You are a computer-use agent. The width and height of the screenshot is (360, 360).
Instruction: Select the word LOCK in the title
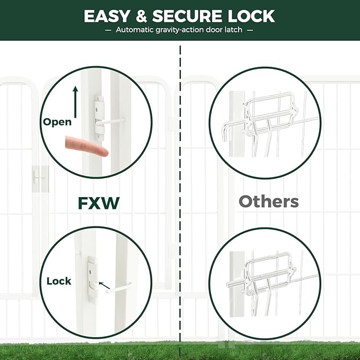coord(252,16)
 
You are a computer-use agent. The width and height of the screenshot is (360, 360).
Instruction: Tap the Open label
coord(57,122)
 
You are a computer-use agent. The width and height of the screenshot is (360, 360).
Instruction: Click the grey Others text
coord(268,201)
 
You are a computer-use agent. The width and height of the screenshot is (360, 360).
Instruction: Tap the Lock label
coord(59,281)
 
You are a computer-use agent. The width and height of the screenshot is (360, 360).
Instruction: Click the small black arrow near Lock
coord(104,286)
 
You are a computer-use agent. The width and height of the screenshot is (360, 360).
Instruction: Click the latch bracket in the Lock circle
coord(92,279)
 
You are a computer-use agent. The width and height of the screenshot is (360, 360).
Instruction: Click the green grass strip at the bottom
coord(180,350)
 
